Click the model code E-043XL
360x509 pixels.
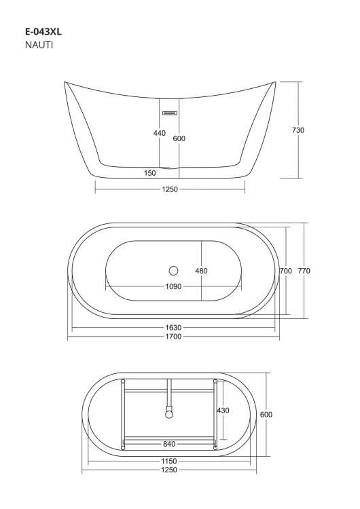pyautogui.click(x=43, y=32)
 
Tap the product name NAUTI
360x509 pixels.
pyautogui.click(x=39, y=45)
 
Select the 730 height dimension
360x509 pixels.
pyautogui.click(x=298, y=130)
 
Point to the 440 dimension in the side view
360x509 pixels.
pyautogui.click(x=160, y=133)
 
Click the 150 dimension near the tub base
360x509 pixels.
pyautogui.click(x=150, y=173)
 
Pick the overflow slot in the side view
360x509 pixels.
pyautogui.click(x=170, y=113)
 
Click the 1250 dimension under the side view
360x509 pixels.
pyautogui.click(x=170, y=189)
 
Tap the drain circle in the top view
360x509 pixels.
pyautogui.click(x=174, y=270)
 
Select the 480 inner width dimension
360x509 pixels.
pyautogui.click(x=202, y=271)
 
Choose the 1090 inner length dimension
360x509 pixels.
pyautogui.click(x=173, y=286)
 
